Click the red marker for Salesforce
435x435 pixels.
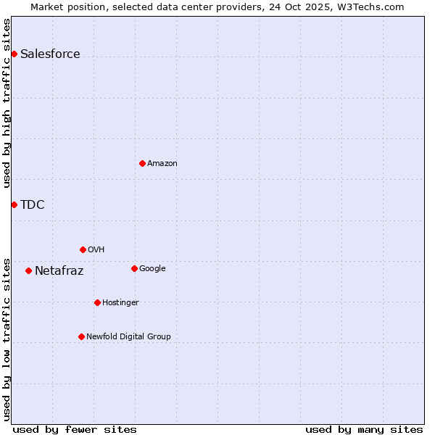tap(14, 54)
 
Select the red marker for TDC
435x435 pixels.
tap(14, 204)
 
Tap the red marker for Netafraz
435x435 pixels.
tap(28, 270)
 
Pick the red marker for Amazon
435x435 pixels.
tap(142, 163)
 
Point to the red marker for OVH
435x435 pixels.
tap(83, 249)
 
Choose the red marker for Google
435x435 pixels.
tap(134, 268)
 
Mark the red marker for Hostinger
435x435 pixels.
tap(97, 302)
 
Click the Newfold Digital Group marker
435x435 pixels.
tap(81, 336)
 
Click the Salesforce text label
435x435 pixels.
tap(50, 54)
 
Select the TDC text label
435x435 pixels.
tap(33, 204)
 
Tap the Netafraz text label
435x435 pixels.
tap(59, 271)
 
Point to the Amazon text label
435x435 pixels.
tap(162, 164)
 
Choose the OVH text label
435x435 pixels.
tap(96, 250)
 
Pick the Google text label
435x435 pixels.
tap(152, 269)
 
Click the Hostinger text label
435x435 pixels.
tap(120, 303)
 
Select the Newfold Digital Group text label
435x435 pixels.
tap(128, 337)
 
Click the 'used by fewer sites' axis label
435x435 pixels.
tap(75, 429)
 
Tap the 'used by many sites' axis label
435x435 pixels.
tap(364, 429)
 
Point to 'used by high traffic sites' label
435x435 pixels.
tap(7, 103)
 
